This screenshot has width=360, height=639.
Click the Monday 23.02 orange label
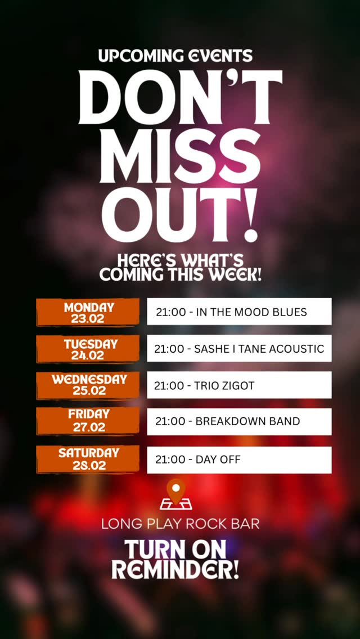[88, 312]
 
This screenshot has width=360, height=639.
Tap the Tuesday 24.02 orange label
[88, 349]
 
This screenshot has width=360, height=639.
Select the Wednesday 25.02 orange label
[88, 385]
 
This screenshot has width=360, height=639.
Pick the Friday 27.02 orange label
[88, 421]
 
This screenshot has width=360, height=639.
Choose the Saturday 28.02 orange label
[88, 459]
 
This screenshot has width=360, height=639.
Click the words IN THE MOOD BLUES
[251, 312]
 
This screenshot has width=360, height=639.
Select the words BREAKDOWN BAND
[248, 421]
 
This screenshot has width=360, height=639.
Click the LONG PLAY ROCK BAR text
[180, 523]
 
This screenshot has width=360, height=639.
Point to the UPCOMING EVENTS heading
[175, 56]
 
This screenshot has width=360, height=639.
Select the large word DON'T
[180, 97]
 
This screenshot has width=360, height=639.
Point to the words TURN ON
[175, 550]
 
